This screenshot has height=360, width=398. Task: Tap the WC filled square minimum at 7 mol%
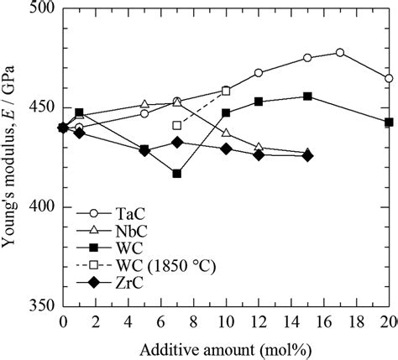pos(177,174)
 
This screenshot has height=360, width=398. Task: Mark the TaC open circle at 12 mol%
pos(259,73)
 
